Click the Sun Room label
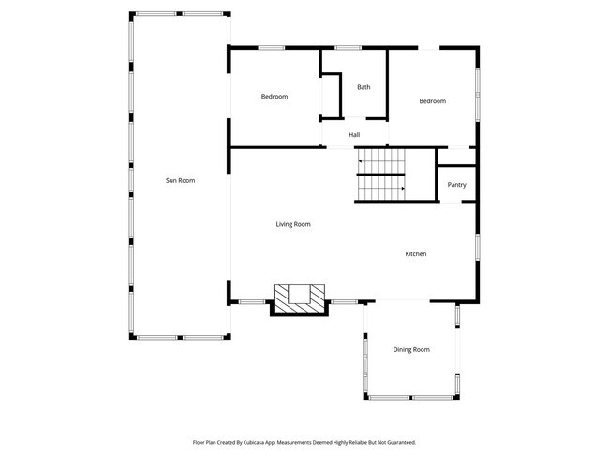point(180,180)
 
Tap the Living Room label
point(293,224)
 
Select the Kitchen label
point(416,254)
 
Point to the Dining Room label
point(411,349)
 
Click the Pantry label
point(456,185)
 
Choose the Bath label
point(364,87)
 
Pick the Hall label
point(354,135)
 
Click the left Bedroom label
point(274,97)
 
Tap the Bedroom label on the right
point(432,101)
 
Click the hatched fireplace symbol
point(299,299)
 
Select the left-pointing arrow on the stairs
point(361,161)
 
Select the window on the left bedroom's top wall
point(272,47)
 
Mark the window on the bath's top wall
point(349,47)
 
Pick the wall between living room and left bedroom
point(276,146)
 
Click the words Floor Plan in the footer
point(207,441)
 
